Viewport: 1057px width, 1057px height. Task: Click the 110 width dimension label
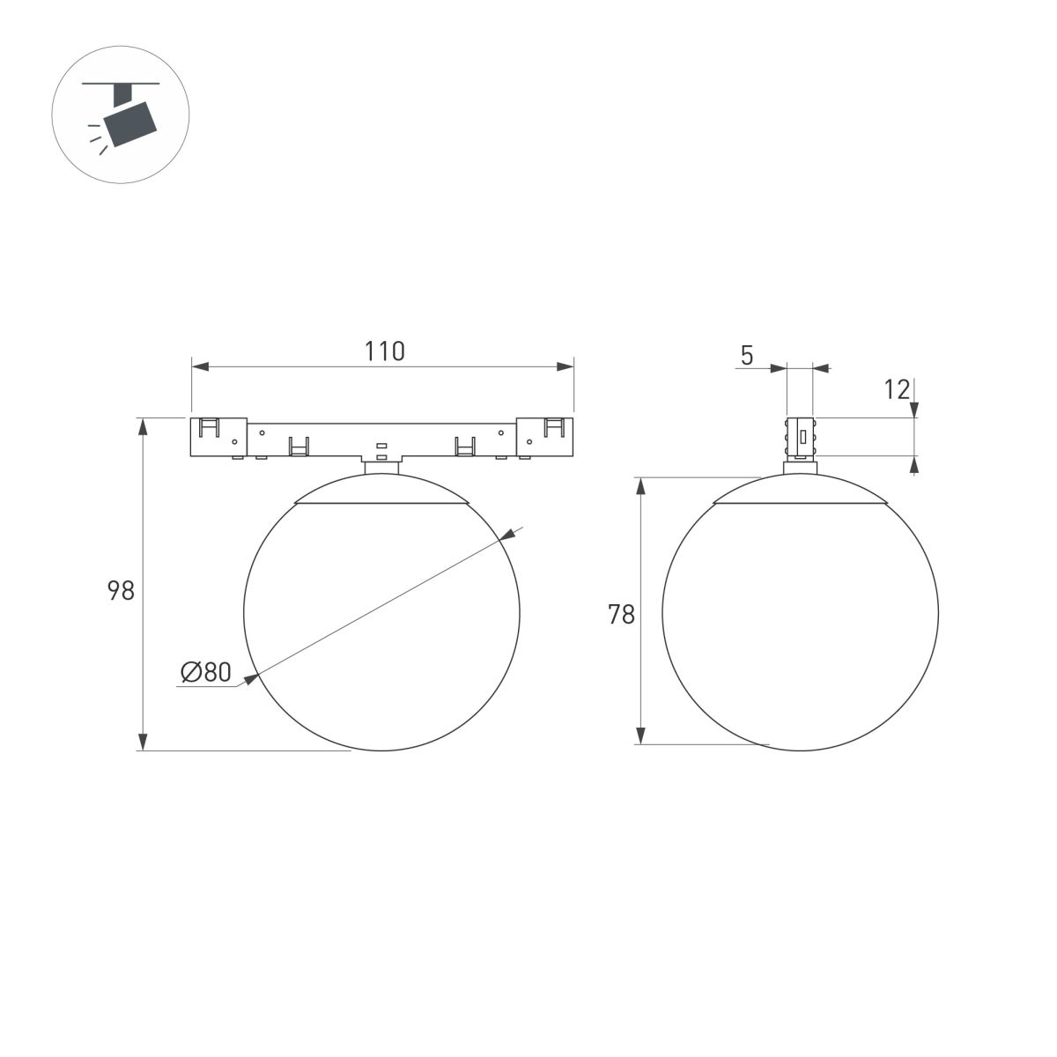385,351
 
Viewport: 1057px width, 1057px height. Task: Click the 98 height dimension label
121,590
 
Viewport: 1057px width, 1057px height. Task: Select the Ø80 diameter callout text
205,673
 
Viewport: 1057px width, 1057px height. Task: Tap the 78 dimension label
621,614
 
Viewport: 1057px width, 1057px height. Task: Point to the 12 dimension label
897,389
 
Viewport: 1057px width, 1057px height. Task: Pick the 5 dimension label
747,356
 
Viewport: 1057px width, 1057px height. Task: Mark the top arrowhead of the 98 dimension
143,426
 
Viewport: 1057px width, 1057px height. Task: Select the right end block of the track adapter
545,437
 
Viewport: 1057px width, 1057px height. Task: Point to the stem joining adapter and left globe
381,465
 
